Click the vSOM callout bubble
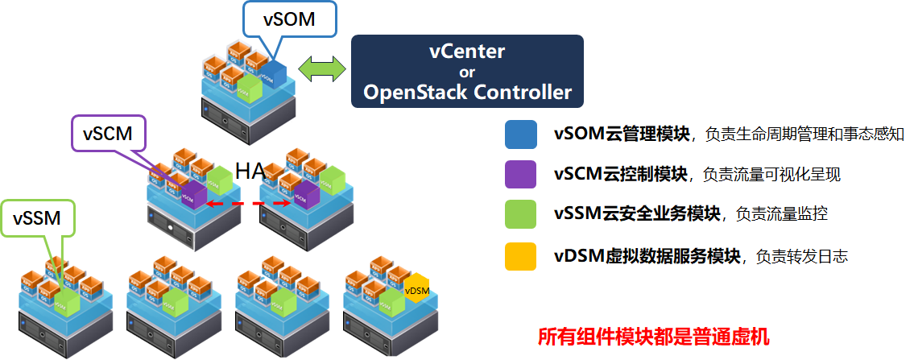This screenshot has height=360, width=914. [x=289, y=19]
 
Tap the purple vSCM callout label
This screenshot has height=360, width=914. [x=107, y=134]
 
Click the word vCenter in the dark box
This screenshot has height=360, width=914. [x=466, y=52]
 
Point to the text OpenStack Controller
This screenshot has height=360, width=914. [x=467, y=92]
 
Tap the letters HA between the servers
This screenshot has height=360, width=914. [x=250, y=170]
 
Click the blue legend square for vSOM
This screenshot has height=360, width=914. [x=520, y=134]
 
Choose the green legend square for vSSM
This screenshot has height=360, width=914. [x=520, y=214]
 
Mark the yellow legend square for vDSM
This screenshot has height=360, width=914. [x=520, y=256]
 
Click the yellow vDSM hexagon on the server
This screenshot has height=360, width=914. [x=416, y=291]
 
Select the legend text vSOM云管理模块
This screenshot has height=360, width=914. [x=622, y=134]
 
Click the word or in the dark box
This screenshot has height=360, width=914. [x=467, y=72]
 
